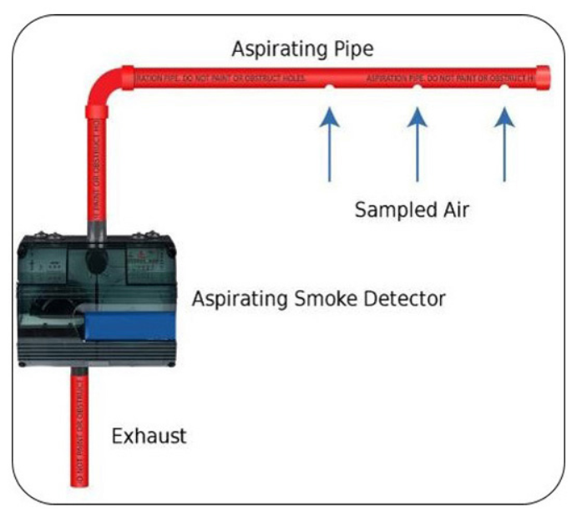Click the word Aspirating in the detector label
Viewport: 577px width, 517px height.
click(x=237, y=298)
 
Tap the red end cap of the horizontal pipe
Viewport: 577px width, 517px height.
click(x=543, y=78)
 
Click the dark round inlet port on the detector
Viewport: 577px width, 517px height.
click(x=94, y=261)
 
